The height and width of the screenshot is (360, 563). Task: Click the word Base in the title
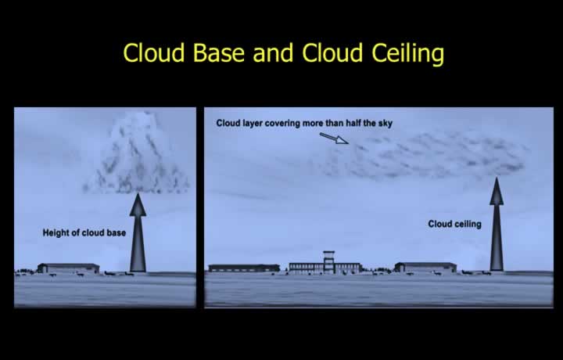point(219,52)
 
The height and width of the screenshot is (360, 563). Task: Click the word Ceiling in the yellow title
point(407,54)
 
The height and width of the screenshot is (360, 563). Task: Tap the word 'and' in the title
point(273,52)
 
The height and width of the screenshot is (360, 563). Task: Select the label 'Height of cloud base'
point(84,232)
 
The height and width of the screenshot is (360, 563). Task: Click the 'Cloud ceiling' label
point(454,224)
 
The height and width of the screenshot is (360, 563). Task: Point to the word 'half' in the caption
point(353,123)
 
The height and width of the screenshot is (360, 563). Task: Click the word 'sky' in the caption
point(385,124)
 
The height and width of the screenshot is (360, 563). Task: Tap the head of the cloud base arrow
point(138,204)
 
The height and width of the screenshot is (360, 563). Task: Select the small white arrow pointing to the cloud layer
point(334,139)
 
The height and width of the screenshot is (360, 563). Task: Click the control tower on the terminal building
point(329,261)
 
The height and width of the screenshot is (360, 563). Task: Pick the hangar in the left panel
point(68,268)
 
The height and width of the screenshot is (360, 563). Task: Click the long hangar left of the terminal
point(244,268)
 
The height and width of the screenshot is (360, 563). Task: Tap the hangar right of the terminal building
point(425,268)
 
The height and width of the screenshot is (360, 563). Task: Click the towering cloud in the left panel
point(136,154)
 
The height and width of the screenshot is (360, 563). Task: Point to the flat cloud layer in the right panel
point(424,155)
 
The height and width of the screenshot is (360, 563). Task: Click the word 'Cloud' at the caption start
point(228,123)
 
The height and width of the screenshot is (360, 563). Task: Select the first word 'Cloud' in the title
point(154,52)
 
